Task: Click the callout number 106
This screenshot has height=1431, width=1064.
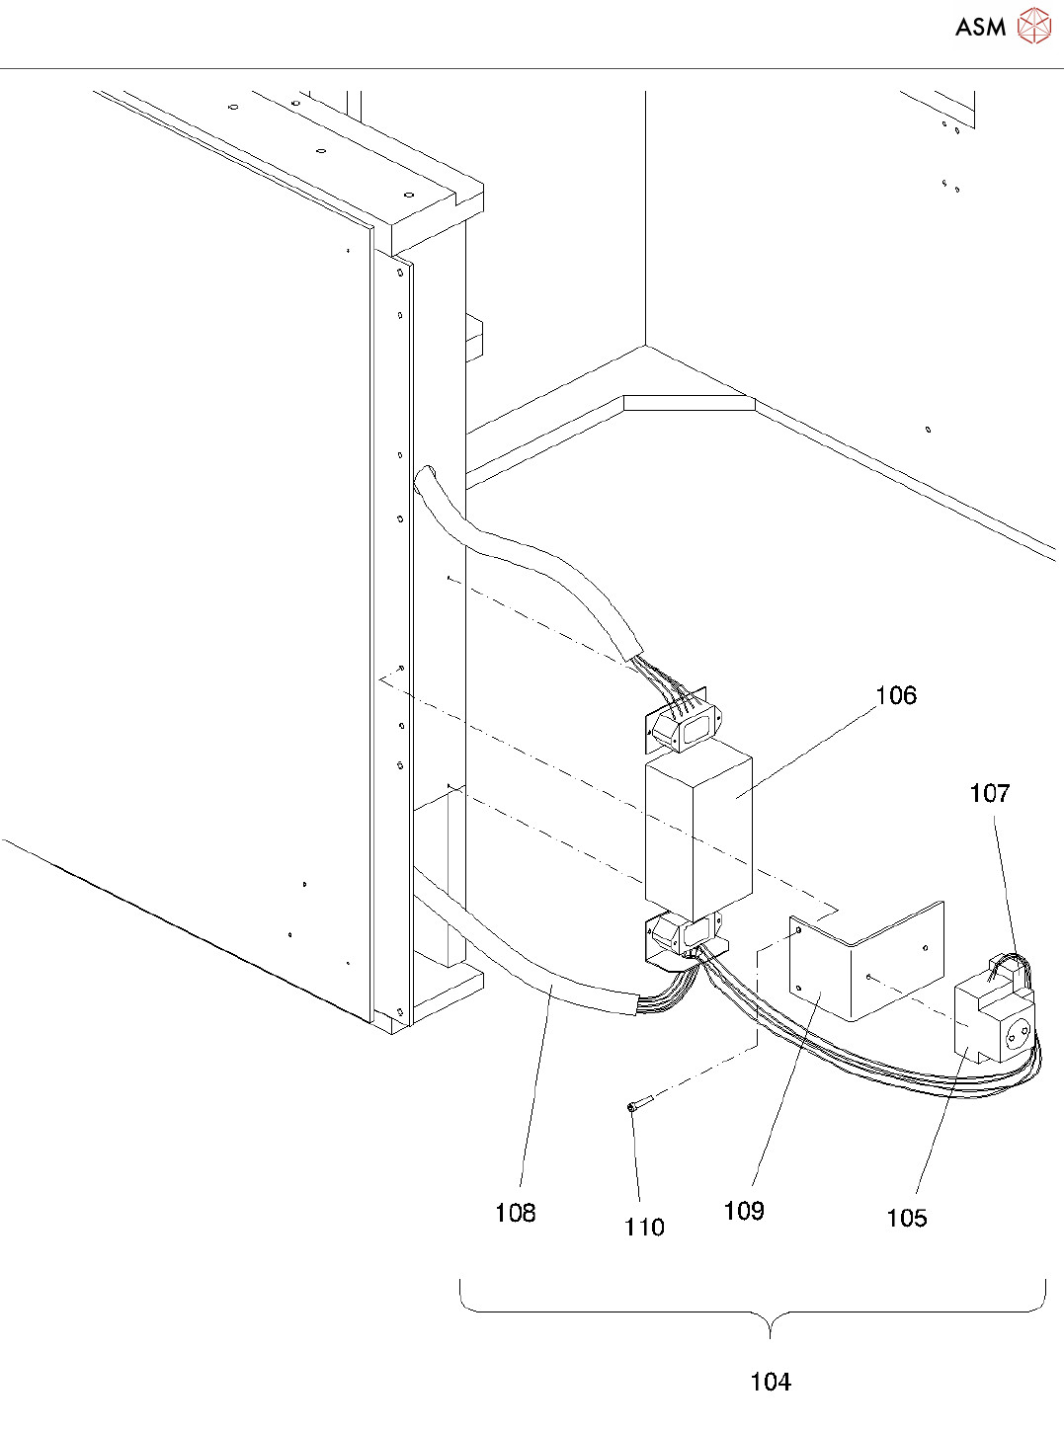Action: (x=896, y=695)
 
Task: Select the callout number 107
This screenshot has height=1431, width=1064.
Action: (x=989, y=793)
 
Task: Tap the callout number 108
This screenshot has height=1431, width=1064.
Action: (x=515, y=1212)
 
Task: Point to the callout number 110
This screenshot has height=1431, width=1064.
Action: (x=644, y=1227)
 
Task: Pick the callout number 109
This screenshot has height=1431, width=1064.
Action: (x=743, y=1210)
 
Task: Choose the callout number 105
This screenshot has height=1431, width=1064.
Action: (x=906, y=1218)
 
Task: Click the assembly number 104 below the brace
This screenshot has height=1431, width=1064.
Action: (x=770, y=1381)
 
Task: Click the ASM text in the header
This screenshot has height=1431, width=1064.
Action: (x=980, y=27)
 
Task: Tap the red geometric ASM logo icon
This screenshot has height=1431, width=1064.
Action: (x=1033, y=26)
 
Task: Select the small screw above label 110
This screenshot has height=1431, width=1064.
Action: (x=636, y=1104)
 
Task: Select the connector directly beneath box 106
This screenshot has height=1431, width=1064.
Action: (x=682, y=936)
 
